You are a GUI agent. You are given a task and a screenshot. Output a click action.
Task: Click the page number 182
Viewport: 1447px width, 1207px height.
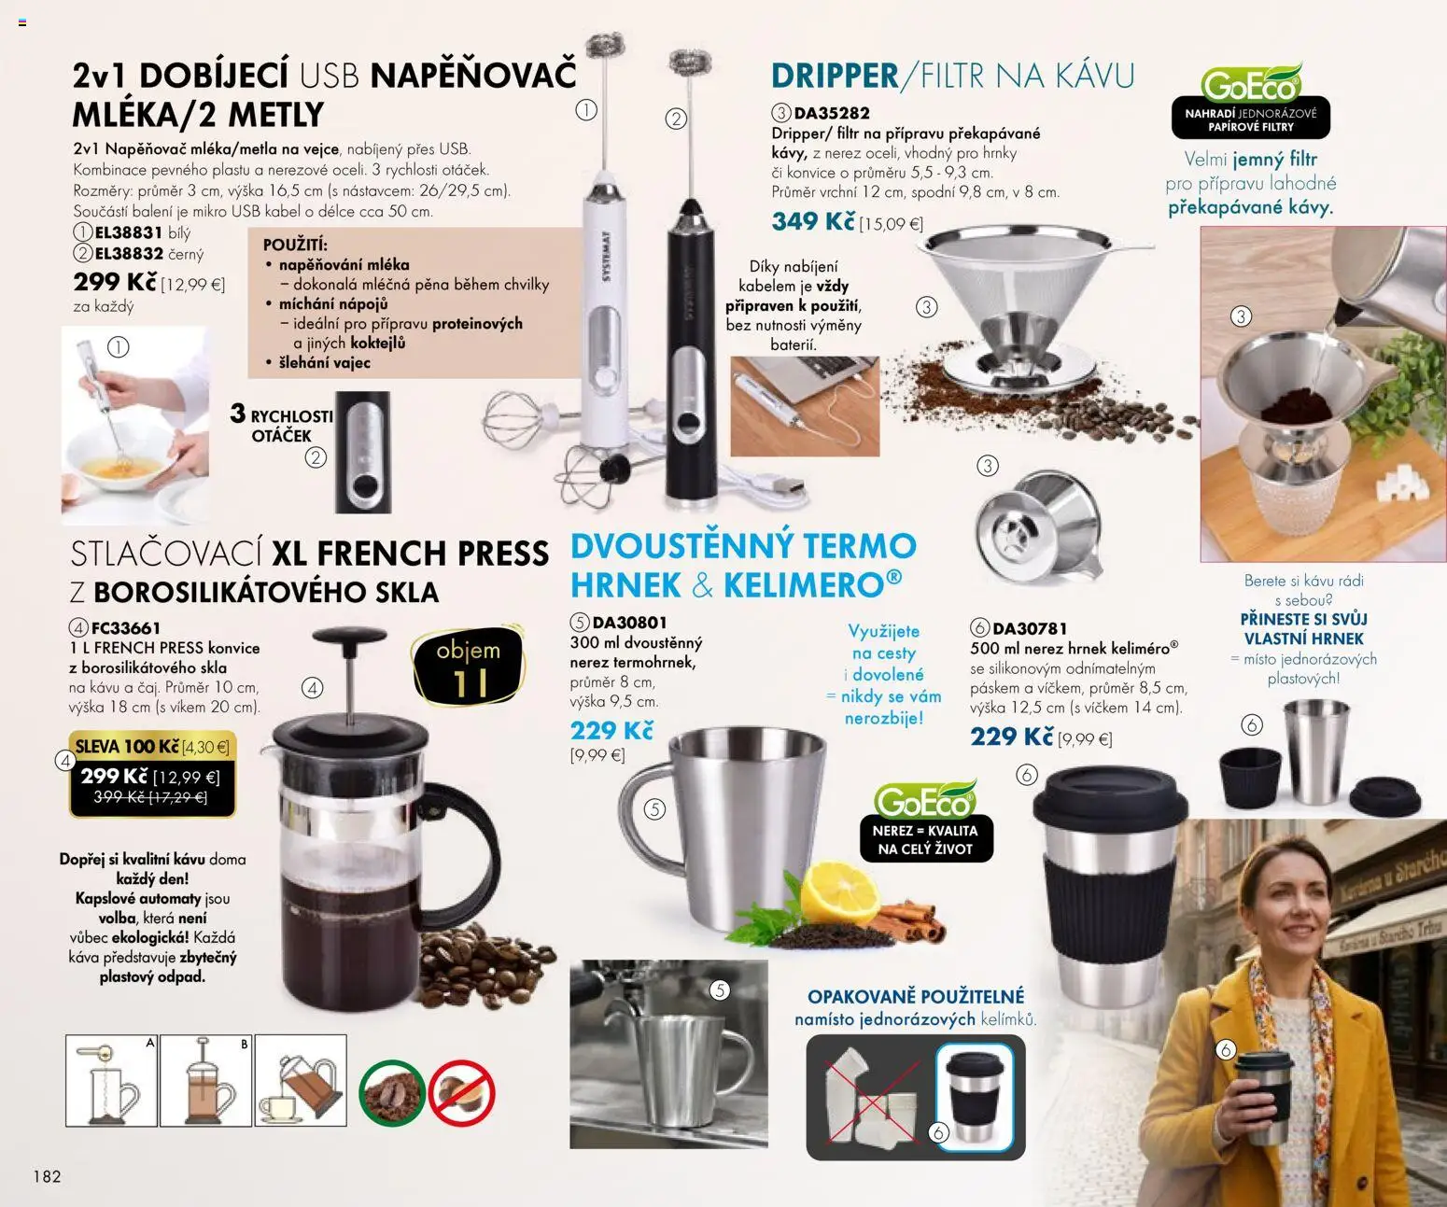pyautogui.click(x=47, y=1176)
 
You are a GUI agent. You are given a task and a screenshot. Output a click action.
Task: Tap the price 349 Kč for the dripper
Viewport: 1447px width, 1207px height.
pyautogui.click(x=812, y=222)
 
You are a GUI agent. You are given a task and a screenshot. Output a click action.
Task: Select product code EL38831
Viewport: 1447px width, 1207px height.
pyautogui.click(x=128, y=232)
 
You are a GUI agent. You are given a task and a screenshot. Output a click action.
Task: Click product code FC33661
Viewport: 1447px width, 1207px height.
pyautogui.click(x=125, y=628)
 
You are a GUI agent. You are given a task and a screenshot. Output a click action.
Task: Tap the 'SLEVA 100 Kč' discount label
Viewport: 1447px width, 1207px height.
pyautogui.click(x=127, y=747)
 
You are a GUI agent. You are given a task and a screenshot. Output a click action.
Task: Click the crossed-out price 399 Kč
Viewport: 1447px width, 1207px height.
pyautogui.click(x=119, y=798)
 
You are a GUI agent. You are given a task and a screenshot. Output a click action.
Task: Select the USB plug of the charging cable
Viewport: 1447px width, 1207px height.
pyautogui.click(x=784, y=485)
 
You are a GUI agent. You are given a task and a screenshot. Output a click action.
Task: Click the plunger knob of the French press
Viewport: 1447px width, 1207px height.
pyautogui.click(x=349, y=638)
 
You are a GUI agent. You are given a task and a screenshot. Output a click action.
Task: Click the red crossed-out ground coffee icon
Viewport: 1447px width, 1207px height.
pyautogui.click(x=461, y=1092)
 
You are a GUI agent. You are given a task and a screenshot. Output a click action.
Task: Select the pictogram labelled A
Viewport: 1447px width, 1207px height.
pyautogui.click(x=112, y=1080)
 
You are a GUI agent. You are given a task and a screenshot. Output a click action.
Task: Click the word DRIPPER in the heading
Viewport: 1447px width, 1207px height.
pyautogui.click(x=835, y=76)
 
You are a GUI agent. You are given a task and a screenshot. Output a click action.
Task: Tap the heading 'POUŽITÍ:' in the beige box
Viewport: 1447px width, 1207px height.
pyautogui.click(x=295, y=246)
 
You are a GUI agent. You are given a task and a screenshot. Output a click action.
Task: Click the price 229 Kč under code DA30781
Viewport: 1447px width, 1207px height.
pyautogui.click(x=1012, y=737)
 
